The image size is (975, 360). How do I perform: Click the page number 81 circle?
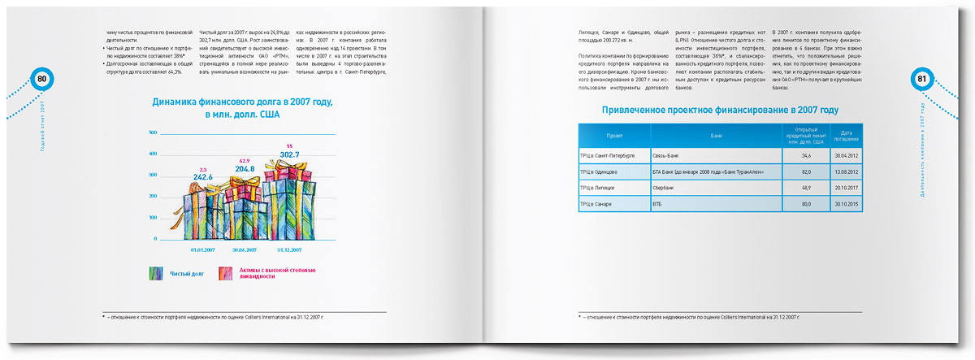click(921, 79)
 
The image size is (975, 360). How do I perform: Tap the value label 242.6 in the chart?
click(203, 176)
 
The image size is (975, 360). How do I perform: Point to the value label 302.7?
click(290, 154)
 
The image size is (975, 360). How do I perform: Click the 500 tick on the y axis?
click(152, 132)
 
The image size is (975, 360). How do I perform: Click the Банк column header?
click(715, 136)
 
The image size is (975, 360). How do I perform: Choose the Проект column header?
click(614, 136)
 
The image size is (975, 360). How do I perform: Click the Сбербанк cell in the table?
click(665, 187)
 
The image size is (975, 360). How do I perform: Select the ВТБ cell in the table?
click(657, 203)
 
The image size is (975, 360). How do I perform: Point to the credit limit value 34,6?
click(806, 154)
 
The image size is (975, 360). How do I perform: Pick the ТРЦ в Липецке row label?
click(600, 187)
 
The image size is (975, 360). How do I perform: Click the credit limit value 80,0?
click(806, 203)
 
